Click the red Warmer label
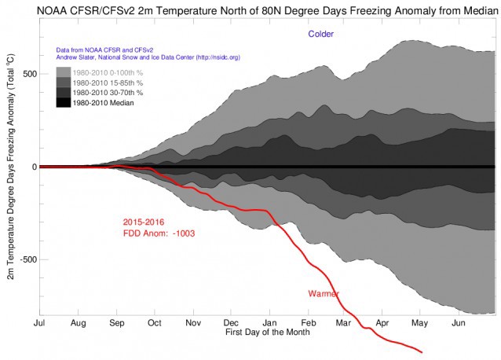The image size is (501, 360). tap(323, 294)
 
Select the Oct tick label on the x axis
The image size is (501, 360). tap(154, 323)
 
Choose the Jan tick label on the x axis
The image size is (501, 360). tap(269, 323)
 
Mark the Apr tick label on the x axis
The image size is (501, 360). tap(383, 323)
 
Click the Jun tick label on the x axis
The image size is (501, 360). tap(459, 323)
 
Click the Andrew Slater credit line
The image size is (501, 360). tap(157, 56)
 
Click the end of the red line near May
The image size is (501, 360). tap(422, 351)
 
